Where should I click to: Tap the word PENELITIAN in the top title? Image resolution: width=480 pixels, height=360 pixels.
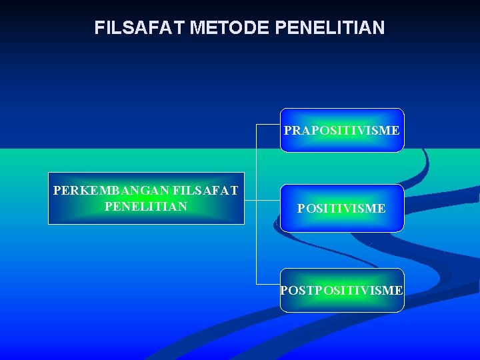(x=329, y=27)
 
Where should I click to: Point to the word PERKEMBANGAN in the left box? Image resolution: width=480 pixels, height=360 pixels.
(x=111, y=191)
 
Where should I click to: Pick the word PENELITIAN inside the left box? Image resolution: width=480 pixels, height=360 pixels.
(x=146, y=206)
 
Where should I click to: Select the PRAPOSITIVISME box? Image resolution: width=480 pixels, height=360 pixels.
(x=341, y=130)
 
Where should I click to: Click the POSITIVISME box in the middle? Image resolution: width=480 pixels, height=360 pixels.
(x=341, y=209)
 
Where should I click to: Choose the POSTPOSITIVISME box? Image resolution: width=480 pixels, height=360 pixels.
(x=341, y=290)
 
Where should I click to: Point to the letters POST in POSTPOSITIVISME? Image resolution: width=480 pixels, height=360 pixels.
(x=297, y=290)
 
